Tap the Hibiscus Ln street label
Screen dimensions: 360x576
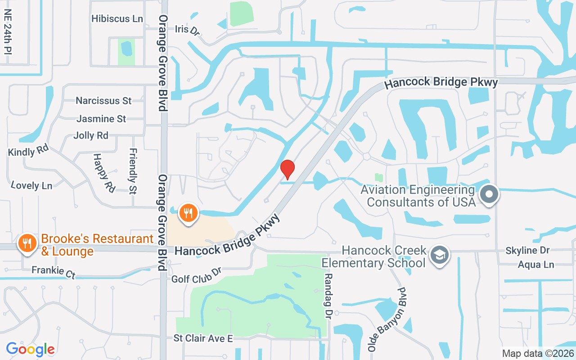point(117,19)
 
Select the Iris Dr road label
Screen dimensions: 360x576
point(187,30)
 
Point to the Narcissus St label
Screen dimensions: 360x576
point(103,101)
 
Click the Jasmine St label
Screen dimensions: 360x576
point(101,119)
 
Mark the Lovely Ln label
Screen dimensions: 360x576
point(31,184)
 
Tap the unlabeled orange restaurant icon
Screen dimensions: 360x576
point(189,212)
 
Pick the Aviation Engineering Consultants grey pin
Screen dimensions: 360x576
point(489,195)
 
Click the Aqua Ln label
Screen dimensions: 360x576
point(535,265)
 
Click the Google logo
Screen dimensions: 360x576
point(30,349)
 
